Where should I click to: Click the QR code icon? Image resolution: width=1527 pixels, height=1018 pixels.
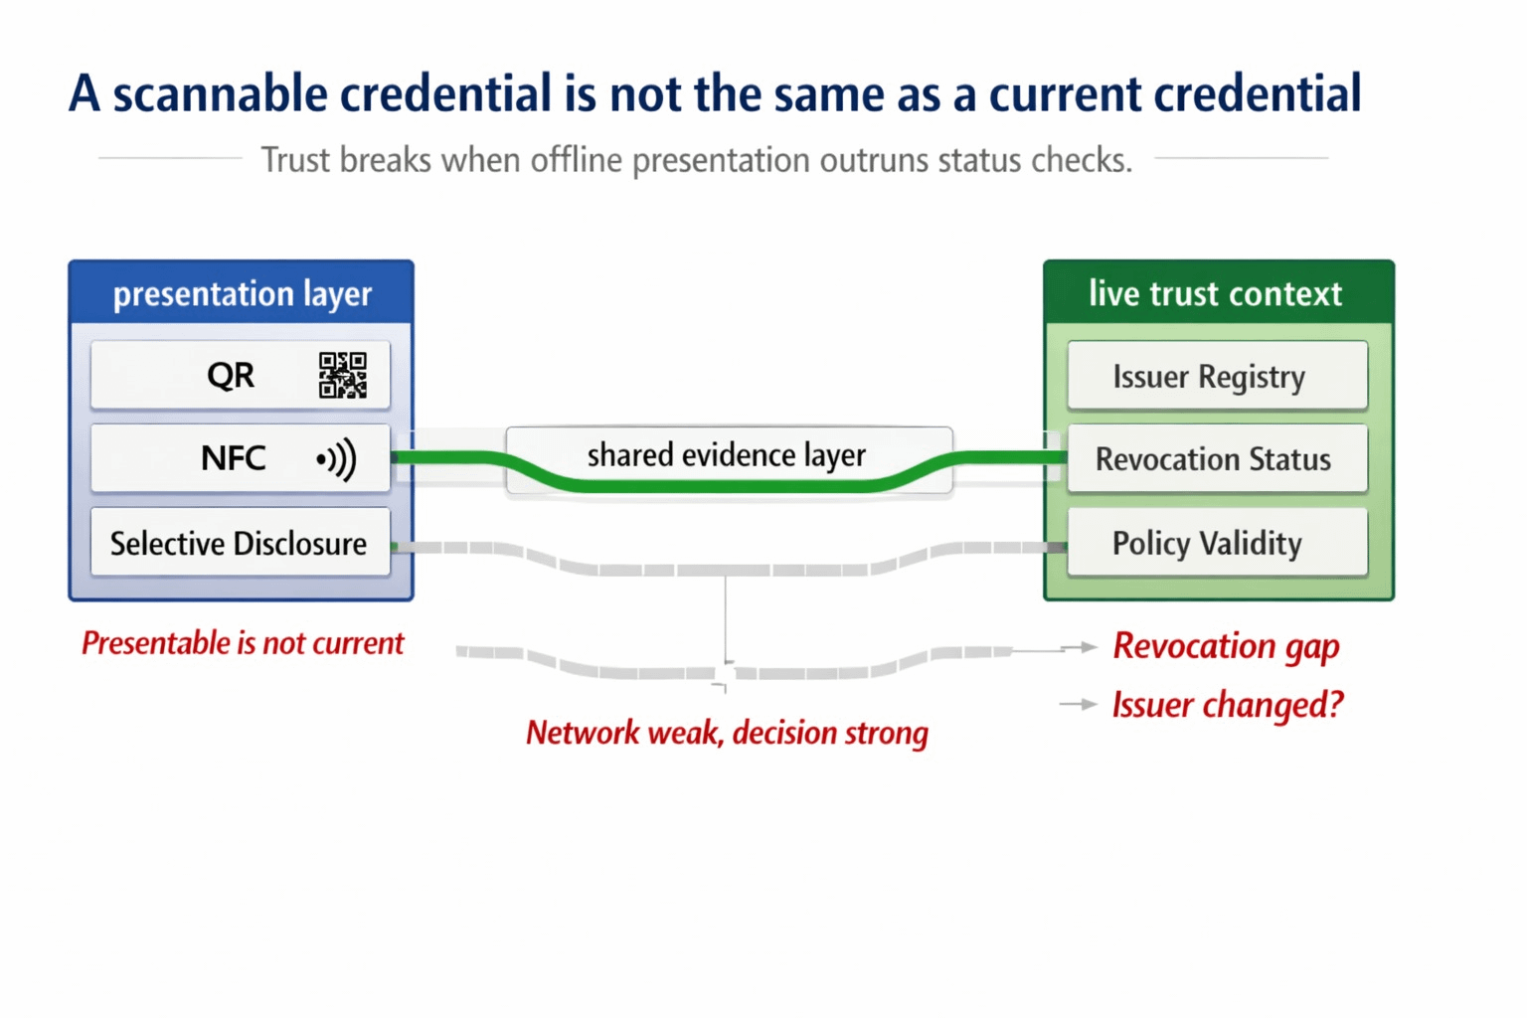342,375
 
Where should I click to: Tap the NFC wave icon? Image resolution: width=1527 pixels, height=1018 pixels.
337,459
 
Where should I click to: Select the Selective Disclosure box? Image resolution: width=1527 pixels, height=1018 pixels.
240,543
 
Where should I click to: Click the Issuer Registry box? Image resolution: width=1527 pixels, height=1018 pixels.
1217,377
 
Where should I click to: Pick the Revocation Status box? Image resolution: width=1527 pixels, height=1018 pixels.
1217,459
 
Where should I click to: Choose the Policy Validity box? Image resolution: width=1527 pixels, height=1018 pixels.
1217,543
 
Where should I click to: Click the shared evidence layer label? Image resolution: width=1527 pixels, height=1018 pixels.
727,455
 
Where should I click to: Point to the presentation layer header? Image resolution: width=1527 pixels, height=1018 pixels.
242,293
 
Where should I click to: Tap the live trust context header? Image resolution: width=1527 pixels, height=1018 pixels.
1217,293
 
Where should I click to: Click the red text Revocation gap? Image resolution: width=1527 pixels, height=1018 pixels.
1226,646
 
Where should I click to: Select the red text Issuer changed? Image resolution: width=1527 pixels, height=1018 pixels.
1228,705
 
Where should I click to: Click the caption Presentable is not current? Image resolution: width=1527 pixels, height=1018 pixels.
243,643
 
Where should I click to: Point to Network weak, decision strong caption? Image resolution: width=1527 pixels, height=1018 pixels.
727,733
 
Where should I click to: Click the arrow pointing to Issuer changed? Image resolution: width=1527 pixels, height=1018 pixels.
1079,705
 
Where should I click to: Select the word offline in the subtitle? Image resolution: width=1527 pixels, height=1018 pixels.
577,160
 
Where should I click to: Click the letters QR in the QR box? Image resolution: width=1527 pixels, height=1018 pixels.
231,376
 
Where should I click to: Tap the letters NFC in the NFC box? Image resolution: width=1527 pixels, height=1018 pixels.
234,458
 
